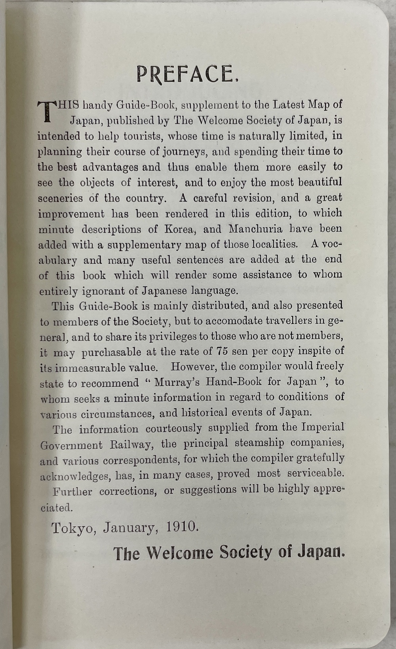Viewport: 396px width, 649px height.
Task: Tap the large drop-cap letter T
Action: [46, 111]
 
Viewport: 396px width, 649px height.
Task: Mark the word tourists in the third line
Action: [143, 136]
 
